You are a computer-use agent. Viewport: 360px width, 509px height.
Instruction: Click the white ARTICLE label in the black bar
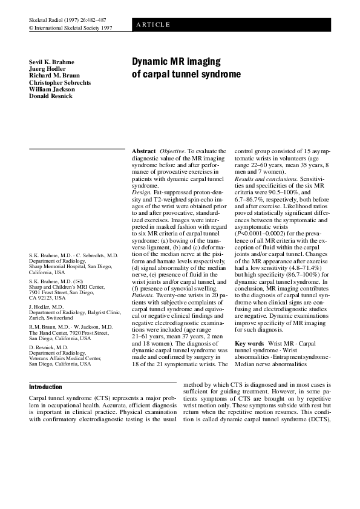(153, 25)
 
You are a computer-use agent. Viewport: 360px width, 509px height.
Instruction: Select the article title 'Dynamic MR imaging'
(177, 62)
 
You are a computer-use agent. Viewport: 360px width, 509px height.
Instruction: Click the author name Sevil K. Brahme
(51, 62)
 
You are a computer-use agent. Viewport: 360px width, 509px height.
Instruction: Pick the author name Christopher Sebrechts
(60, 82)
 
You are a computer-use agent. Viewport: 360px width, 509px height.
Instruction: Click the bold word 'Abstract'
(144, 150)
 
